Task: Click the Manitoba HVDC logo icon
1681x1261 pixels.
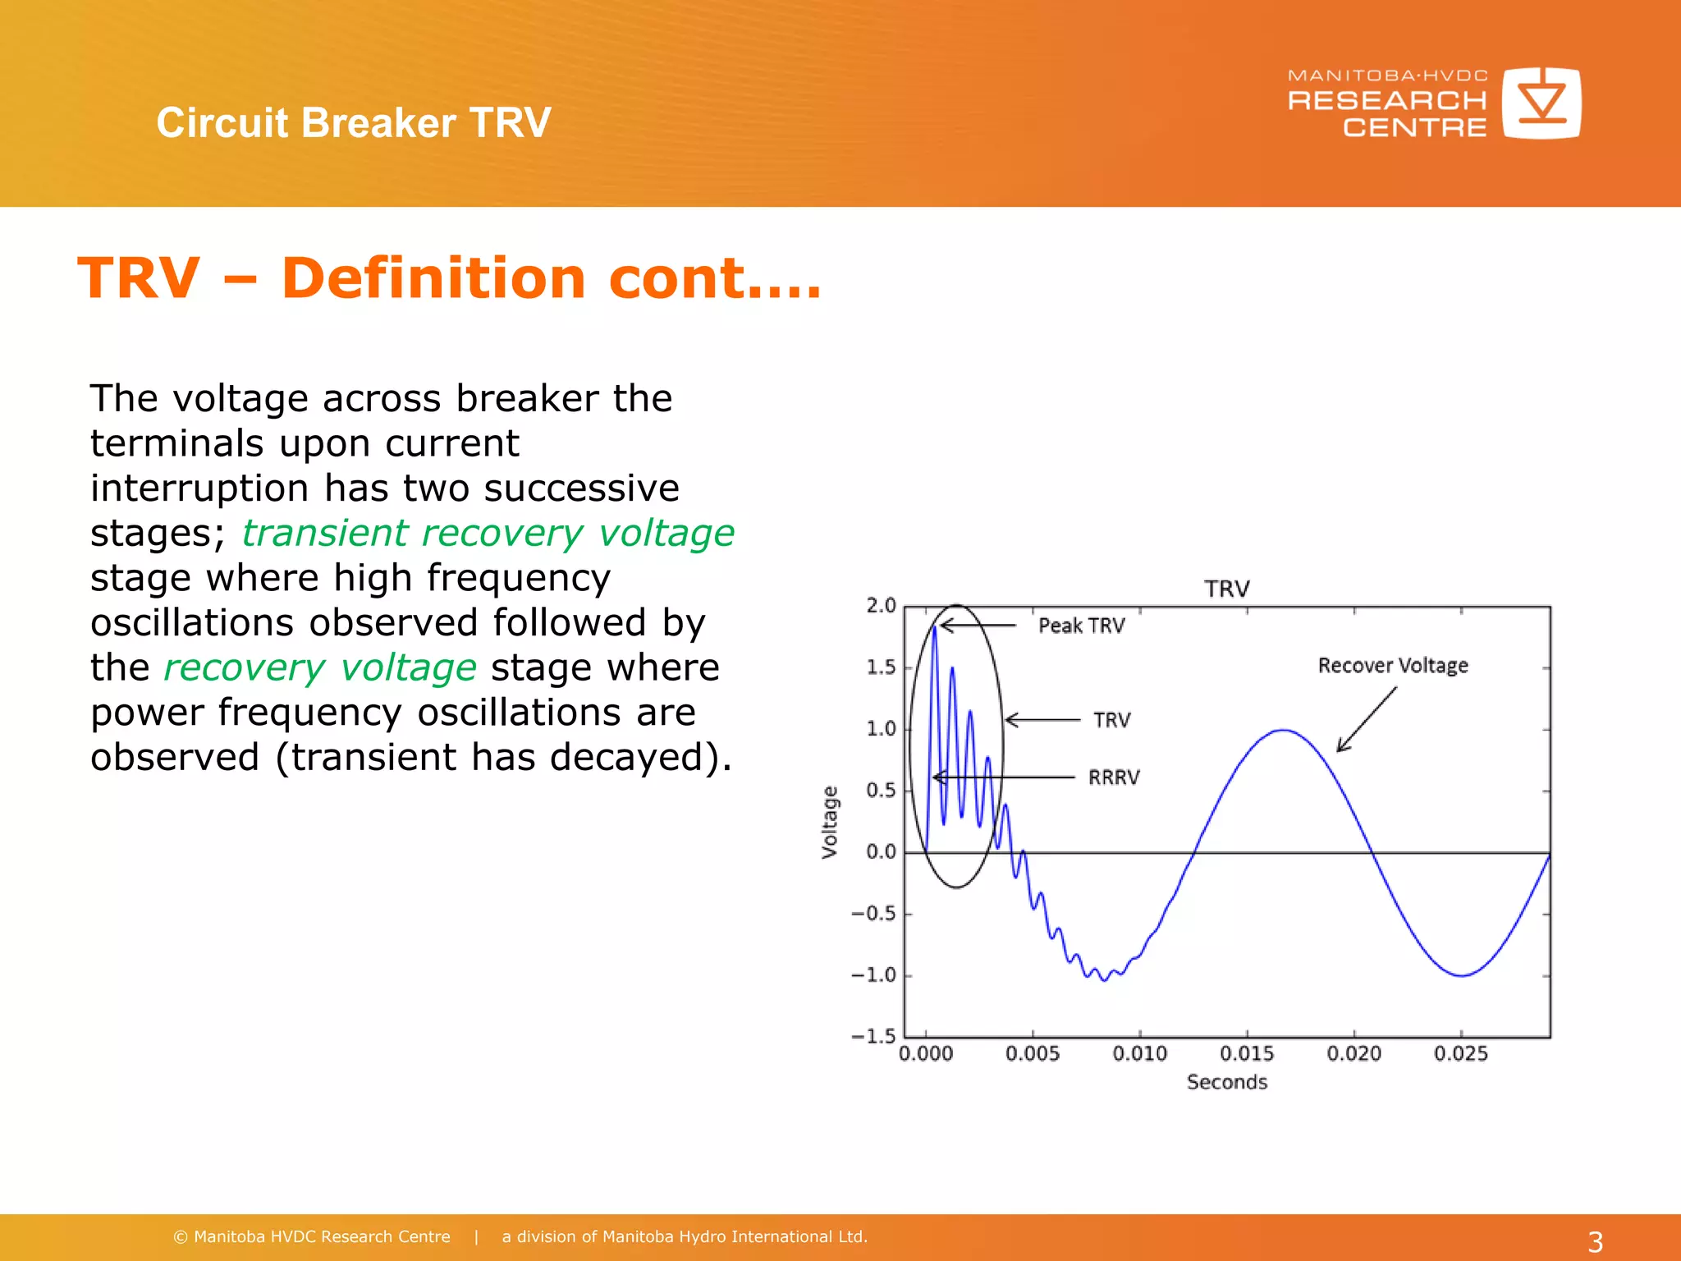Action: tap(1541, 103)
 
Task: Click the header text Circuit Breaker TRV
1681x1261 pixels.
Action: tap(354, 123)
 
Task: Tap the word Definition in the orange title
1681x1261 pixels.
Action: tap(433, 278)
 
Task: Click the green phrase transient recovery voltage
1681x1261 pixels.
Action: tap(488, 533)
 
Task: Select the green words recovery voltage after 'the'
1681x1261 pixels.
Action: tap(320, 667)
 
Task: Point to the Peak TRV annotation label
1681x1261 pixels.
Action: tap(1081, 626)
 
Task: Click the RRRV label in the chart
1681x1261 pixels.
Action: tap(1114, 777)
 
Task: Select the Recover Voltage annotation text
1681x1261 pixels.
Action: tap(1393, 665)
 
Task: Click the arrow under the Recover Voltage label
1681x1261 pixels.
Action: tap(1366, 719)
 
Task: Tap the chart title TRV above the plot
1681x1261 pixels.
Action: tap(1226, 589)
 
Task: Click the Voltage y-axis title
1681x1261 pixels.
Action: tap(830, 822)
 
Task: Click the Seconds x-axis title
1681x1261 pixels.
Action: tap(1226, 1082)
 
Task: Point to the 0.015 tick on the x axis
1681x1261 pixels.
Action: tap(1247, 1053)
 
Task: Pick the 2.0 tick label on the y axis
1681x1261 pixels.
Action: tap(881, 606)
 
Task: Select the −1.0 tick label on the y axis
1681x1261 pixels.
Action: tap(873, 975)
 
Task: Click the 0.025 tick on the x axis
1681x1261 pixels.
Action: tap(1460, 1053)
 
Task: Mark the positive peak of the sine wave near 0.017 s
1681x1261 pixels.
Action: tap(1282, 730)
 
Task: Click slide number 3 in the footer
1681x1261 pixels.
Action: tap(1595, 1241)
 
